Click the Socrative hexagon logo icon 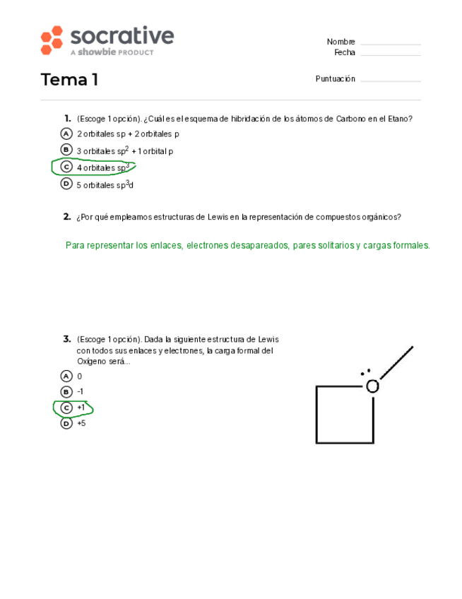coord(52,40)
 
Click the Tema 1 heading coord(69,80)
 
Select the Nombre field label coord(340,42)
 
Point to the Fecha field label coord(345,53)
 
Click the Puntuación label coord(335,79)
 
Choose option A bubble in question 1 coord(66,134)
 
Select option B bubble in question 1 coord(66,150)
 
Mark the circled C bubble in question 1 coord(66,167)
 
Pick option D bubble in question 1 coord(66,184)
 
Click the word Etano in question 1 coord(400,119)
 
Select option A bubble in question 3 coord(66,376)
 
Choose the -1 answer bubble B coord(66,392)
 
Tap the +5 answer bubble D coord(66,424)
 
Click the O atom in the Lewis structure coord(372,386)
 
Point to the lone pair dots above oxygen coord(365,372)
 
